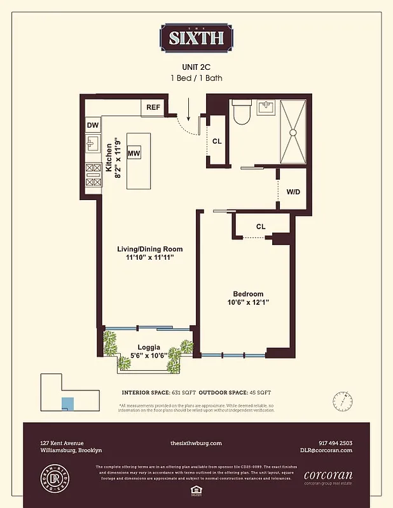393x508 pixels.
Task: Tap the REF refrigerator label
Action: coord(153,107)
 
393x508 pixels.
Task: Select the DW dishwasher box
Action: coord(93,126)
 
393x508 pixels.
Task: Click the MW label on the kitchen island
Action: coord(134,154)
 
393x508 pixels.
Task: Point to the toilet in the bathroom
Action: coord(242,113)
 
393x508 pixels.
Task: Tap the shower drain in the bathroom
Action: coord(293,132)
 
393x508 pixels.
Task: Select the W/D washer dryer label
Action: coord(293,191)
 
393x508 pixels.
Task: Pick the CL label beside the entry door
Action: coord(217,141)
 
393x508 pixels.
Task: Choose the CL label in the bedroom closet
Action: coord(261,226)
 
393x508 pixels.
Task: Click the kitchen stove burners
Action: coord(93,175)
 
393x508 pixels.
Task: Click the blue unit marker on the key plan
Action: coord(67,403)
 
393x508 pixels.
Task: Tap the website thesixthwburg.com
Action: coord(196,443)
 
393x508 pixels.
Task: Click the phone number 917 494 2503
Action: coord(335,443)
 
